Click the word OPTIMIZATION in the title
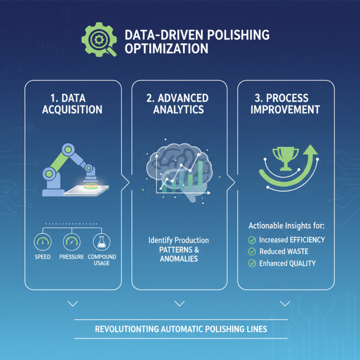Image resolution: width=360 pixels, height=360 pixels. tap(166, 48)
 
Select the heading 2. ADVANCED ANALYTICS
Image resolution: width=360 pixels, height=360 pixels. tap(179, 103)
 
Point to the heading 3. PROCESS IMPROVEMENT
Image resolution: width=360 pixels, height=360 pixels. tap(285, 103)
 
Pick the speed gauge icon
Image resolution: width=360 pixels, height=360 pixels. tap(42, 242)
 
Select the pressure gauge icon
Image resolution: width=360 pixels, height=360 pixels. tap(72, 242)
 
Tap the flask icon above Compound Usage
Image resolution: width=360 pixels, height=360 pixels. tap(101, 242)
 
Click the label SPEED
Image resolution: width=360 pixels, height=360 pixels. tap(42, 257)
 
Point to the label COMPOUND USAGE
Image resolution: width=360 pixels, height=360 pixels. tap(102, 260)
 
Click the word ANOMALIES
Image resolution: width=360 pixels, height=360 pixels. tap(179, 259)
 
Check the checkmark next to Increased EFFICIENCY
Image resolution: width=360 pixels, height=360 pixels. tap(252, 240)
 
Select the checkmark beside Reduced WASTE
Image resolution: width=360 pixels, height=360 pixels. tap(252, 252)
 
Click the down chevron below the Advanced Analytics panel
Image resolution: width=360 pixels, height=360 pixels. tap(179, 304)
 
